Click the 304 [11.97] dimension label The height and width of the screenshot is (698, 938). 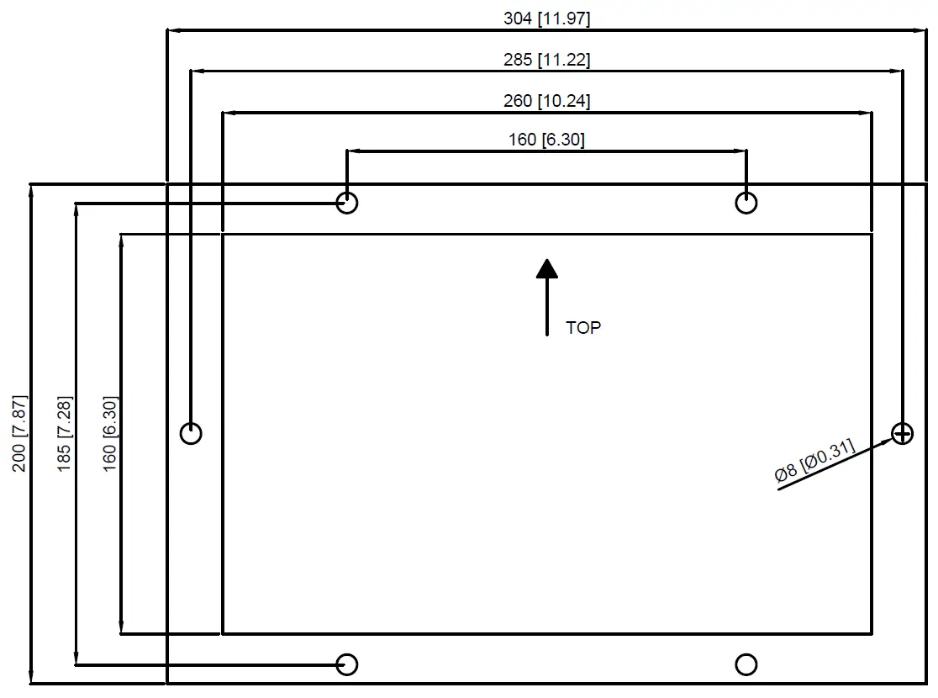click(546, 19)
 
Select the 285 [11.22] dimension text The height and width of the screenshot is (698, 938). click(546, 60)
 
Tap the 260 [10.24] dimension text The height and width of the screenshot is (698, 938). click(546, 101)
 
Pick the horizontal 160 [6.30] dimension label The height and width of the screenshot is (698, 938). click(546, 140)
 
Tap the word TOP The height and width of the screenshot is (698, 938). click(583, 328)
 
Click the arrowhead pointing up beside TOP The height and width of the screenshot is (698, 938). click(547, 268)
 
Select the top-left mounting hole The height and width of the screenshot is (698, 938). click(346, 203)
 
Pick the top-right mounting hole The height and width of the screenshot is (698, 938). click(746, 203)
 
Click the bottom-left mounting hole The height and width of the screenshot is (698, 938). click(346, 664)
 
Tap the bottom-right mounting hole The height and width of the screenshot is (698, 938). click(746, 664)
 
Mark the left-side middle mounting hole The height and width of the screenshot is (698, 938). click(192, 434)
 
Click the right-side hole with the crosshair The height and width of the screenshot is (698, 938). click(902, 434)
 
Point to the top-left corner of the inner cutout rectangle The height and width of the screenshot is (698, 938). click(222, 234)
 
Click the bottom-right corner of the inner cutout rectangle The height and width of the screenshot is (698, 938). click(872, 633)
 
